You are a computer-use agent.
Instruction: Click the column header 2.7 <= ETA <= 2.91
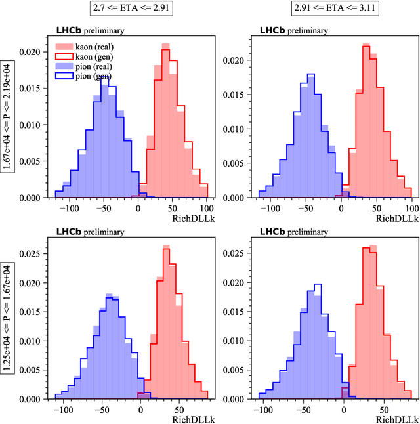click(134, 9)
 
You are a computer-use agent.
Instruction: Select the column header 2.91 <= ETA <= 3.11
click(338, 9)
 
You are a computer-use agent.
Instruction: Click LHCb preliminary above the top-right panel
click(293, 30)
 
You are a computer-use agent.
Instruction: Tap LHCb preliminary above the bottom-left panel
click(90, 232)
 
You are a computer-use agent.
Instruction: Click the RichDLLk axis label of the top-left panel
click(193, 217)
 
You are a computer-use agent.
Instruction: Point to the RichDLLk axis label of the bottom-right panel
click(396, 417)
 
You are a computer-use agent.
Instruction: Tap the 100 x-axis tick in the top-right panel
click(411, 206)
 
